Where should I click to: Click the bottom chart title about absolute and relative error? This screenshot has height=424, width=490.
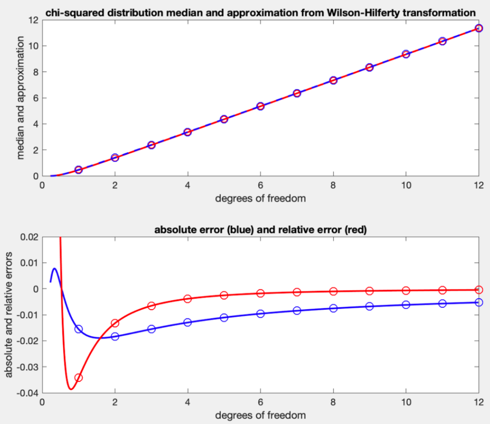pyautogui.click(x=260, y=230)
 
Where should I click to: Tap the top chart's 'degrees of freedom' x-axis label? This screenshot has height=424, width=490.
pyautogui.click(x=260, y=199)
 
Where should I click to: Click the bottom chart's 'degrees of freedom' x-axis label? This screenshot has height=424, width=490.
pyautogui.click(x=260, y=415)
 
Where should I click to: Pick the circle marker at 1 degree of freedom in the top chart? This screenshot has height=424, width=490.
pyautogui.click(x=79, y=170)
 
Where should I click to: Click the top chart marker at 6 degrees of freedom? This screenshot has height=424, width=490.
pyautogui.click(x=261, y=106)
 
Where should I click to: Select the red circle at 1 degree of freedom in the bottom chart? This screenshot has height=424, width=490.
pyautogui.click(x=79, y=377)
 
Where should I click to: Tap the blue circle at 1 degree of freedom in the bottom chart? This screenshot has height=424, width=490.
pyautogui.click(x=79, y=329)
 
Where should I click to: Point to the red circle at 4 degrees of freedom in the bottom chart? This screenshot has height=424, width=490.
pyautogui.click(x=188, y=299)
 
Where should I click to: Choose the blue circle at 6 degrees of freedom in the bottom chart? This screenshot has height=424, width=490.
pyautogui.click(x=261, y=314)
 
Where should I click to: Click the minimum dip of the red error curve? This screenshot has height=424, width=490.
pyautogui.click(x=71, y=389)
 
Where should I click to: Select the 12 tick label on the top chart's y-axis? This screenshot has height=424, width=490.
pyautogui.click(x=34, y=20)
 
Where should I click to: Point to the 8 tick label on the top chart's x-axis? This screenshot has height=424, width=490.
pyautogui.click(x=333, y=185)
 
